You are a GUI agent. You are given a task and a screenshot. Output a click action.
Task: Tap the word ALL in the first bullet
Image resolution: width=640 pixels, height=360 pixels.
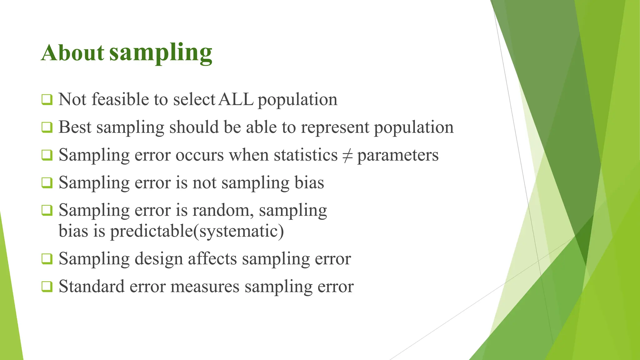pos(236,99)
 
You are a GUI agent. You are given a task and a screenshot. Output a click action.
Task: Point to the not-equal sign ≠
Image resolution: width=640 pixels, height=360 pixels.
pos(347,155)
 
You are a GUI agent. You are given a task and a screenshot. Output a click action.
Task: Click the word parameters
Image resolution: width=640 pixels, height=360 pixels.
pos(398,155)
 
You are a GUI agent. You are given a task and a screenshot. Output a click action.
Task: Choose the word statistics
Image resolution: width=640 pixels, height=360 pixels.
pos(306,155)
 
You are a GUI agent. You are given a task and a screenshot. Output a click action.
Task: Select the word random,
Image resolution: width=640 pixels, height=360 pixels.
pos(223,210)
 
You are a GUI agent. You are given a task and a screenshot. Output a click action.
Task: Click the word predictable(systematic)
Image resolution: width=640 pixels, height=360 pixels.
pos(197,232)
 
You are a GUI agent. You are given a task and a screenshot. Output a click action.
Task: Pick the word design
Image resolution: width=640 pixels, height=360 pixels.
pos(158,259)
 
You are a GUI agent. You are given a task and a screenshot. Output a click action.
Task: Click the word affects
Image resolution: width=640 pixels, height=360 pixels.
pos(212,259)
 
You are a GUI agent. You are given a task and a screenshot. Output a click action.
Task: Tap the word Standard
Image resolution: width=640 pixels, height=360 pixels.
pos(92,286)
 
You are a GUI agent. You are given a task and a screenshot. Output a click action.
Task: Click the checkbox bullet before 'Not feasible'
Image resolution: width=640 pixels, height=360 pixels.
pos(47,100)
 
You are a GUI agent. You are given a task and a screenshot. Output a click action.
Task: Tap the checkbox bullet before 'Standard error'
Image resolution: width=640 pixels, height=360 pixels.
pos(47,287)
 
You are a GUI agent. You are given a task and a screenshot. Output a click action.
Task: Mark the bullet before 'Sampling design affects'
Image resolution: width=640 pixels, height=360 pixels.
pos(47,259)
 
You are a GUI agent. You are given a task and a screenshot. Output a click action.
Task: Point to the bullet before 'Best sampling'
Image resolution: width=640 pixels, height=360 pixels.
pos(47,127)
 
